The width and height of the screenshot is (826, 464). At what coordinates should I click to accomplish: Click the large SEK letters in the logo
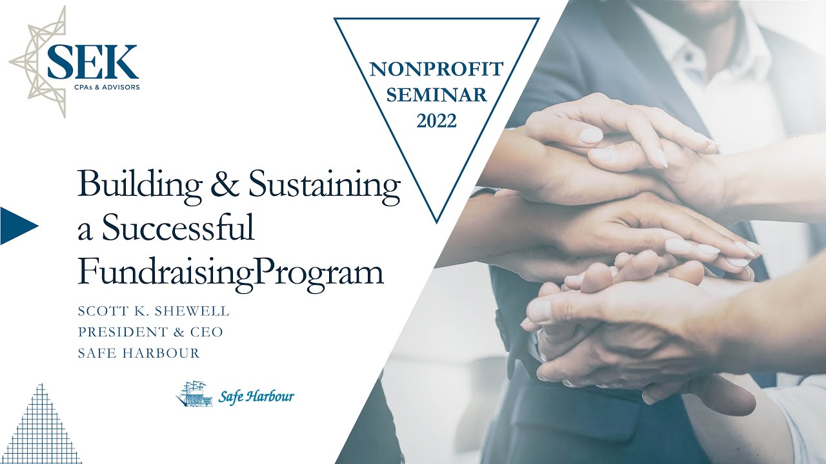click(x=93, y=62)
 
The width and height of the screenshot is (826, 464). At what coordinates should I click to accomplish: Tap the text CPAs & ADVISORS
click(x=107, y=87)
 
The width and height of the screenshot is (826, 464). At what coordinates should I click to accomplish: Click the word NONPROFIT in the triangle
click(x=436, y=69)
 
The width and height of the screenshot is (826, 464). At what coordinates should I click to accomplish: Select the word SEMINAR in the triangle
click(x=437, y=95)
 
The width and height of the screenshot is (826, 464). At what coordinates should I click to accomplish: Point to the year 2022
click(x=437, y=121)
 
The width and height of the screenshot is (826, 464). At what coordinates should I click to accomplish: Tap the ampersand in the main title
click(x=225, y=184)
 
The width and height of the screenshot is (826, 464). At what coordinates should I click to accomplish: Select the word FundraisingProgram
click(x=231, y=272)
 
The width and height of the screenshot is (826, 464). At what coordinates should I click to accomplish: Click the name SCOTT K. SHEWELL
click(x=154, y=311)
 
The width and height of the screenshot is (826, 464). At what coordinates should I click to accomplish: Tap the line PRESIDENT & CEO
click(x=150, y=332)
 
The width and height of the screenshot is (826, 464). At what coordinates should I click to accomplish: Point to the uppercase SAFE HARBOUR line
click(x=139, y=353)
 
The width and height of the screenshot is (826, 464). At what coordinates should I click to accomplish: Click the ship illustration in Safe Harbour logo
click(x=194, y=394)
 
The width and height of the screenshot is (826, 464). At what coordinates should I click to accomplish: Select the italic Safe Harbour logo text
click(x=256, y=396)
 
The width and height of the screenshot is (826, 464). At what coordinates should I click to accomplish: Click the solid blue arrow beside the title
click(x=19, y=226)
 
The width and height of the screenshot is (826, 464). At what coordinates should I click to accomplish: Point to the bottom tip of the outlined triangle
click(x=437, y=223)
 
